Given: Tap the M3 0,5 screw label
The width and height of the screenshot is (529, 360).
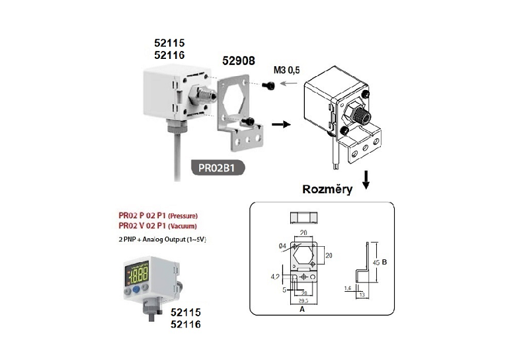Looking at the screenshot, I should coord(286,69).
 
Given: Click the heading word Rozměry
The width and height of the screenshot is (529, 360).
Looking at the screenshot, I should coord(327,189).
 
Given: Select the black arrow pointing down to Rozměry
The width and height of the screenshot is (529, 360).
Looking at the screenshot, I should coord(365,177).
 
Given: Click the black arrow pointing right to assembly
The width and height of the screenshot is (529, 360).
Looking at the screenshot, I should coord(280,124).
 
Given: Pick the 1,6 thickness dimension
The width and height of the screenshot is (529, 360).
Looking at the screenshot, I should coord(347,289).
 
